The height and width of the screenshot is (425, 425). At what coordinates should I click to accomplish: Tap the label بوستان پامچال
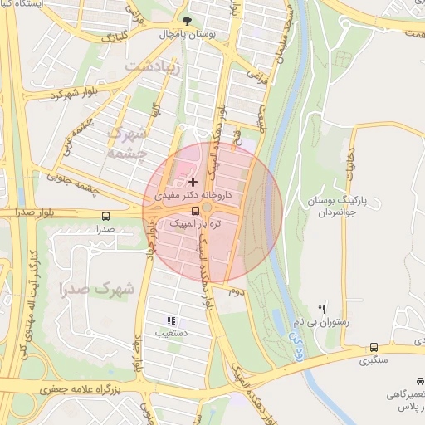pyautogui.click(x=190, y=37)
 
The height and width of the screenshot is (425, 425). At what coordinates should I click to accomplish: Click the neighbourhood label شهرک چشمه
pyautogui.click(x=129, y=143)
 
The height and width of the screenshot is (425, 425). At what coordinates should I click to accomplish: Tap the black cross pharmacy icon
pyautogui.click(x=193, y=182)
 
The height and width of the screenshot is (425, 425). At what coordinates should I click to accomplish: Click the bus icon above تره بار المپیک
pyautogui.click(x=195, y=210)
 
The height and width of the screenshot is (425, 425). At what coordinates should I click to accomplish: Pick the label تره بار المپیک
pyautogui.click(x=194, y=224)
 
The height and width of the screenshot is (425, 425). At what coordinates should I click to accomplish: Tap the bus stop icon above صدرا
pyautogui.click(x=105, y=216)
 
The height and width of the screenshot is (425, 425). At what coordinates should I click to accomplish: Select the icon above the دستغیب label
pyautogui.click(x=171, y=320)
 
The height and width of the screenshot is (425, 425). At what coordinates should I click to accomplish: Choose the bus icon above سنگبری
pyautogui.click(x=374, y=347)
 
